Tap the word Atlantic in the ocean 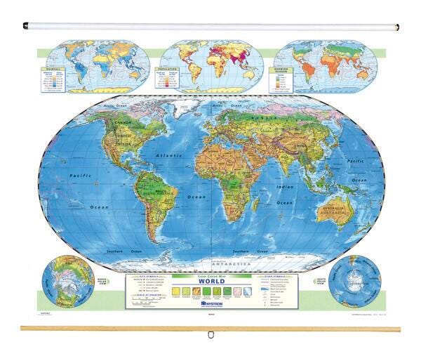pyautogui.click(x=170, y=155)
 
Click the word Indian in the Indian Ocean pyautogui.click(x=284, y=188)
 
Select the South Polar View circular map pyautogui.click(x=354, y=282)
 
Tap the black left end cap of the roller pyautogui.click(x=25, y=26)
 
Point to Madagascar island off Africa pyautogui.click(x=267, y=203)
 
